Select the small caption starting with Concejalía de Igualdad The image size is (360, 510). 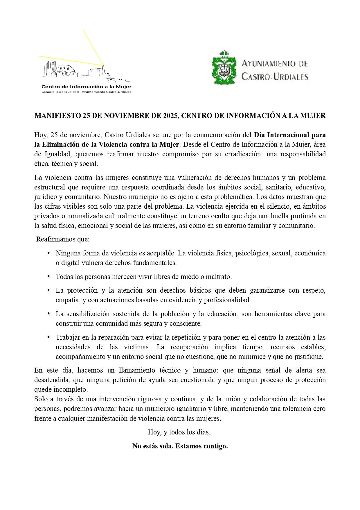click(x=87, y=92)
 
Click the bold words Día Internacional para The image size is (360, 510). click(x=290, y=135)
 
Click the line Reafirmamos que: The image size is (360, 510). click(x=63, y=239)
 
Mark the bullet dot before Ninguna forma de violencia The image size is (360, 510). click(x=49, y=253)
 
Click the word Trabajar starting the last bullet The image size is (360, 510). click(x=67, y=337)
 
